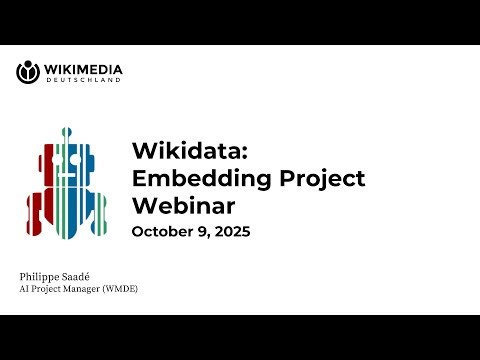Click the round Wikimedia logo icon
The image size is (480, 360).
pyautogui.click(x=28, y=72)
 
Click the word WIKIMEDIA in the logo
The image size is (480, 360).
pyautogui.click(x=83, y=69)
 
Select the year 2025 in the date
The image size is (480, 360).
pyautogui.click(x=229, y=232)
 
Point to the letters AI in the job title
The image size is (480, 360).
pyautogui.click(x=25, y=289)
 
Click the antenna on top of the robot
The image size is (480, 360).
pyautogui.click(x=66, y=132)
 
